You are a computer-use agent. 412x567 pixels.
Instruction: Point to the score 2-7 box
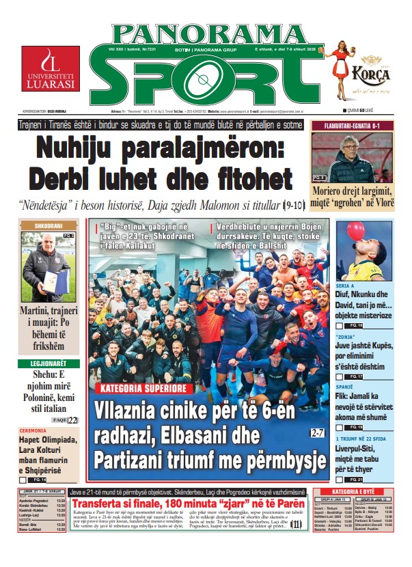317,432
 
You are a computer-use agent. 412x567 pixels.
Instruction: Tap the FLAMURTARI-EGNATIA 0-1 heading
351,126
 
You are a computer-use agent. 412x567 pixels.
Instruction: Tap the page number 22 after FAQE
72,419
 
